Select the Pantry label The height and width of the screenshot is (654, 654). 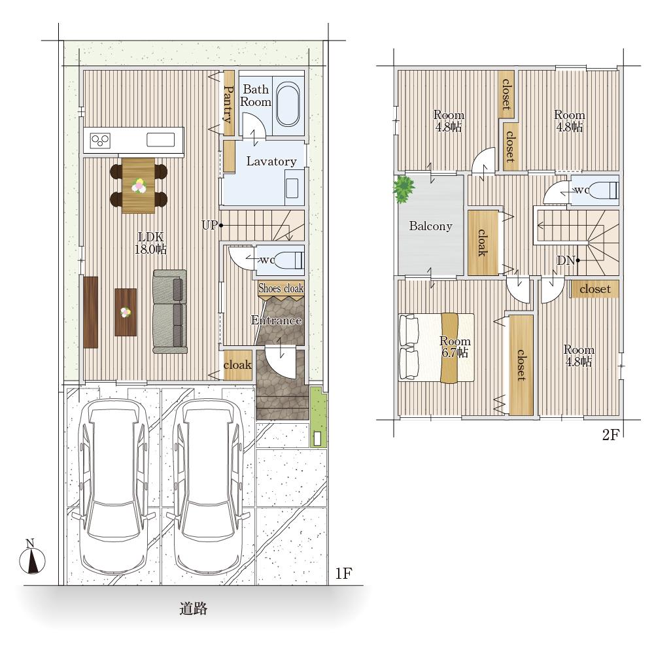pos(228,104)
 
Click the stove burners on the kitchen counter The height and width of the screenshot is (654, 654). pos(100,141)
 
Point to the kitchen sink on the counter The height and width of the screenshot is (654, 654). pos(161,140)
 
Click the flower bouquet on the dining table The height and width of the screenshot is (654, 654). pos(139,186)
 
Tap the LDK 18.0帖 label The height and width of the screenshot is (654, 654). pos(150,243)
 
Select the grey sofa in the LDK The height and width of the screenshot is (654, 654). pos(169,311)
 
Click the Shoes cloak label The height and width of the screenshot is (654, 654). pos(281,288)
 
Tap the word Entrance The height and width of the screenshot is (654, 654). pos(276,320)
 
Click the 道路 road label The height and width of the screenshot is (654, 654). pos(193,608)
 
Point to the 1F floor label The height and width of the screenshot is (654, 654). pos(343,574)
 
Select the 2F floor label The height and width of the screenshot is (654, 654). pos(610,435)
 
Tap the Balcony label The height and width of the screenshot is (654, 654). pos(430,226)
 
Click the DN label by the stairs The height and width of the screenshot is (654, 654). pos(566,261)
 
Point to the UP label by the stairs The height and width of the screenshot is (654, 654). pos(209,225)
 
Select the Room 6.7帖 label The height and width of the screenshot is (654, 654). pos(455,347)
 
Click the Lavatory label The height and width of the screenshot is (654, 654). pos(271,162)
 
